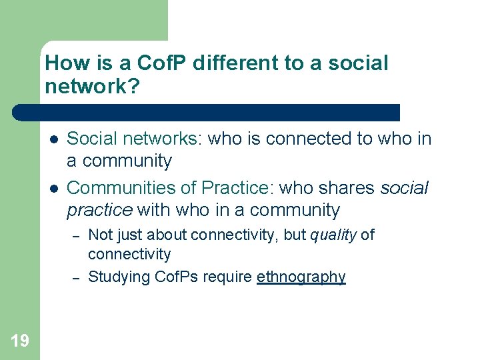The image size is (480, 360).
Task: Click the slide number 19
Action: click(20, 341)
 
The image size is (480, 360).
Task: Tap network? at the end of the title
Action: click(93, 87)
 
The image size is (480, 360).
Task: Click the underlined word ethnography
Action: click(301, 277)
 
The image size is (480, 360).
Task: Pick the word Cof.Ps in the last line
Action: click(177, 277)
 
